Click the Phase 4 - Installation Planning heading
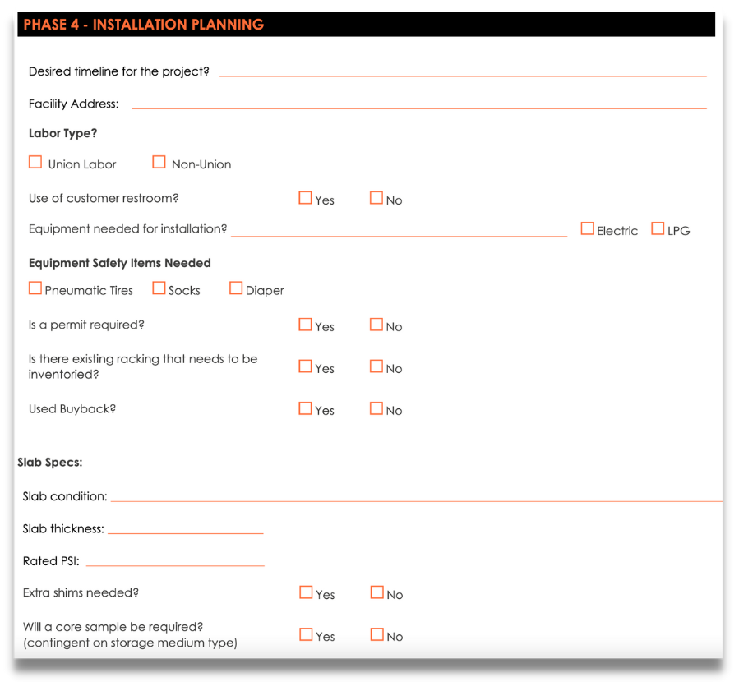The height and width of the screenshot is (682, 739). click(x=144, y=25)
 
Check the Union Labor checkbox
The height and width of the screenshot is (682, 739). click(x=35, y=163)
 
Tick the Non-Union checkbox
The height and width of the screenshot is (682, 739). click(x=159, y=163)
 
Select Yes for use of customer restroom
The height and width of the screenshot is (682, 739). click(x=306, y=198)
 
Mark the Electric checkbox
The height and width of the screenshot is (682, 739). click(x=587, y=229)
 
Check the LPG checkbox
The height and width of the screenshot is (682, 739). click(x=658, y=229)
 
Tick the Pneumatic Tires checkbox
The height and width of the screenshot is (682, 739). click(x=35, y=288)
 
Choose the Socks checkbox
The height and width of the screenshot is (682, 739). click(x=159, y=288)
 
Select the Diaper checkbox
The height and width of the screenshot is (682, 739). click(x=236, y=288)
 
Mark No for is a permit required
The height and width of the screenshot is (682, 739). click(x=376, y=325)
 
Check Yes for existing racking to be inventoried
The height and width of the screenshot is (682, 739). click(x=306, y=366)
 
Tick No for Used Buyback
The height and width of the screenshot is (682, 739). click(x=376, y=408)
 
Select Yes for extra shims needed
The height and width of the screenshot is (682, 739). click(x=307, y=592)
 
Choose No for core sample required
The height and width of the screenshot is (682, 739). click(x=377, y=634)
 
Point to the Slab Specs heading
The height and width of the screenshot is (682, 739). click(x=50, y=463)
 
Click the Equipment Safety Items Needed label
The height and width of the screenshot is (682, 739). click(x=120, y=263)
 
